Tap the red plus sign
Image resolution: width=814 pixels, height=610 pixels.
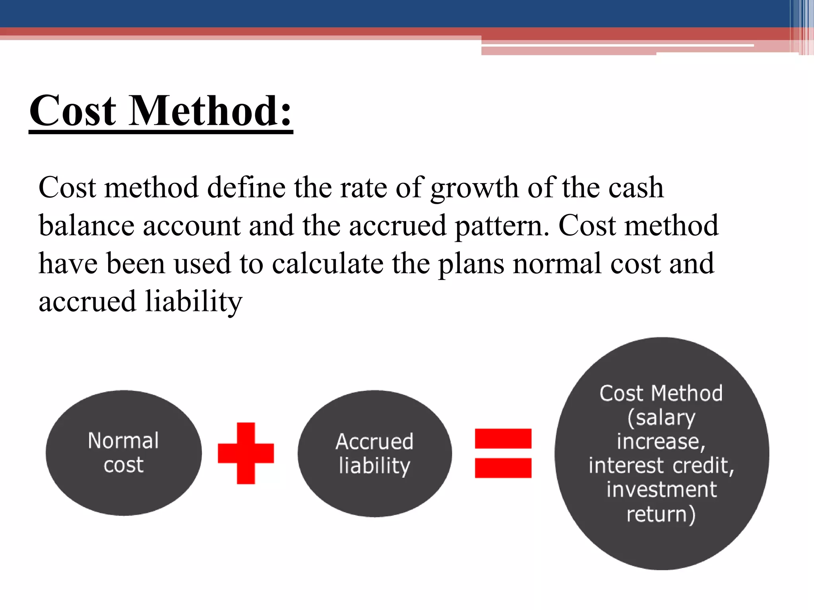[246, 453]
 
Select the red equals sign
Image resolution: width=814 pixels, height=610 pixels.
[503, 453]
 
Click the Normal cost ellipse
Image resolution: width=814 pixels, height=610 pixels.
[124, 453]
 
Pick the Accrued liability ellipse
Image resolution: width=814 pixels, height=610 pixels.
[374, 453]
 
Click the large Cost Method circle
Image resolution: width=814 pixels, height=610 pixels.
[661, 453]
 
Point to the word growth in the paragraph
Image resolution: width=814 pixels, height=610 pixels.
[475, 187]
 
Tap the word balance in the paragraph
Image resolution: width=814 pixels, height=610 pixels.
[86, 226]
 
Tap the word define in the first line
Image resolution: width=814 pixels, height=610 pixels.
[246, 187]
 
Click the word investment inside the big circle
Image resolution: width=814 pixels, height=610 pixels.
[661, 489]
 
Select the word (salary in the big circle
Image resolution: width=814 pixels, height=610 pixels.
[661, 418]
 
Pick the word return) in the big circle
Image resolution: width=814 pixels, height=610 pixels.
[661, 514]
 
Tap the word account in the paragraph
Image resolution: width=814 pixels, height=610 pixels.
[191, 226]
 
